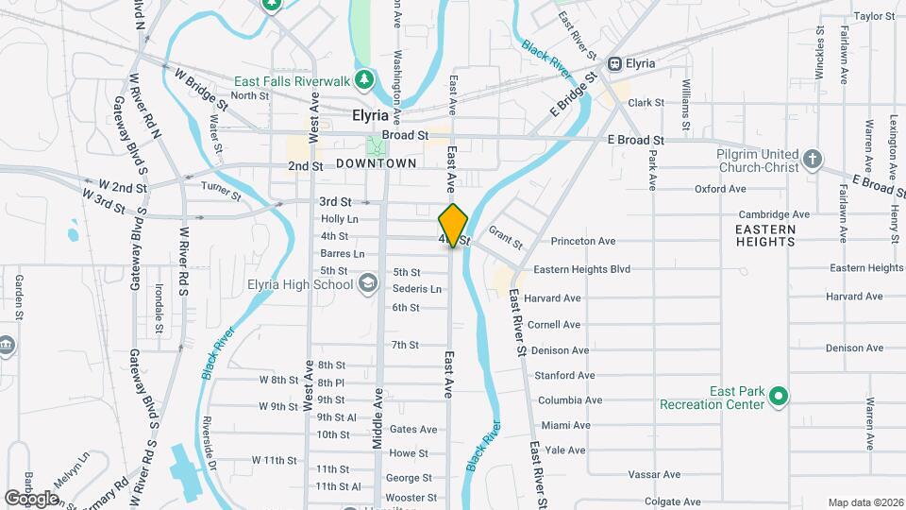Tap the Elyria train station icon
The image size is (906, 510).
click(x=615, y=63)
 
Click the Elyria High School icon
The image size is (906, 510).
click(x=367, y=283)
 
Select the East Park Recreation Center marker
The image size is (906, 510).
click(x=778, y=396)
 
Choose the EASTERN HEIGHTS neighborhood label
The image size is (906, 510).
click(x=767, y=235)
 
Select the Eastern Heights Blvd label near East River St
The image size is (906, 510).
click(x=581, y=269)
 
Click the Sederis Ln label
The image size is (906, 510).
click(x=417, y=289)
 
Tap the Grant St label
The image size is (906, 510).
click(x=506, y=238)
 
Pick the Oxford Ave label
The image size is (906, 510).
click(x=721, y=189)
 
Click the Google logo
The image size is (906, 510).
click(x=32, y=498)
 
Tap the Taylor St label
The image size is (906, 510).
click(x=874, y=16)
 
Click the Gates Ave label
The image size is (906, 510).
click(x=413, y=430)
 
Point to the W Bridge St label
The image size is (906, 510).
click(x=196, y=86)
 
